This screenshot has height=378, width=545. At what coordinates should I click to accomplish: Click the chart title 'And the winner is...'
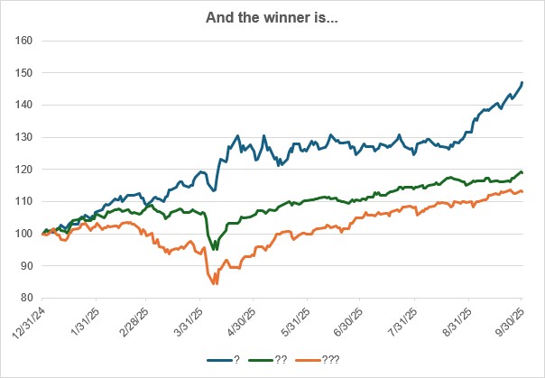tap(272, 15)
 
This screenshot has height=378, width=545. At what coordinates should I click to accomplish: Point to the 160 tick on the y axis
tap(24, 41)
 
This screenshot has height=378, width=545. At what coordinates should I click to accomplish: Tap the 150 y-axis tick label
tap(24, 73)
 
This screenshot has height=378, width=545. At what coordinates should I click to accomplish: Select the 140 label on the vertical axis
tap(24, 105)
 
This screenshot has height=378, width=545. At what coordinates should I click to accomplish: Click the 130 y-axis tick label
tap(24, 137)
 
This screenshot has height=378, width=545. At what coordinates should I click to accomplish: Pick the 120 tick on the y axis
tap(24, 170)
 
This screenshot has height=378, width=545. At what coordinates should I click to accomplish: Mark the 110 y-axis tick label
tap(24, 201)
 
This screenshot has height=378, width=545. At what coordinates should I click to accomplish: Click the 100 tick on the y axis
tap(24, 234)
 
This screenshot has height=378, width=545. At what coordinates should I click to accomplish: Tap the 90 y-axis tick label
tap(27, 266)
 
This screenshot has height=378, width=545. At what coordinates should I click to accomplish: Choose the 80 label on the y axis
tap(27, 298)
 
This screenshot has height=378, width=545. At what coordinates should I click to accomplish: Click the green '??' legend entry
tap(273, 359)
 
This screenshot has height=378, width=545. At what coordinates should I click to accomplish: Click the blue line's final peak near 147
tap(522, 83)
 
